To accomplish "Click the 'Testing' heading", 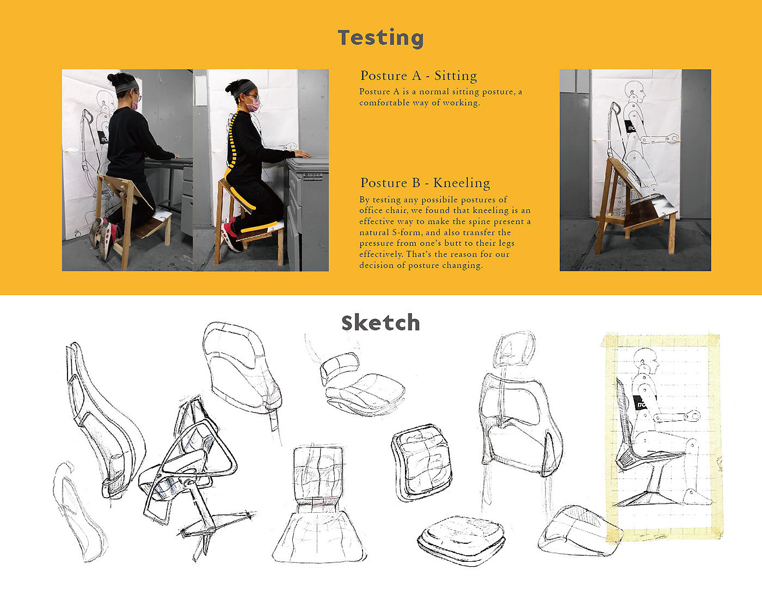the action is pos(381,38).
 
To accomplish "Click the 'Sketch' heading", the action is pos(381,323).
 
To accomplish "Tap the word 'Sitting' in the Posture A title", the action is pos(456,76).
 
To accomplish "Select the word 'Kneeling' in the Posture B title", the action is pos(462,183).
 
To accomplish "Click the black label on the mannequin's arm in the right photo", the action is pos(630,127).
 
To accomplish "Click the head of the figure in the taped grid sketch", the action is pos(647,361).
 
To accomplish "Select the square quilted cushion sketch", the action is pos(421,463).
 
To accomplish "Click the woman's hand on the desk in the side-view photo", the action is pos(302,154).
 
